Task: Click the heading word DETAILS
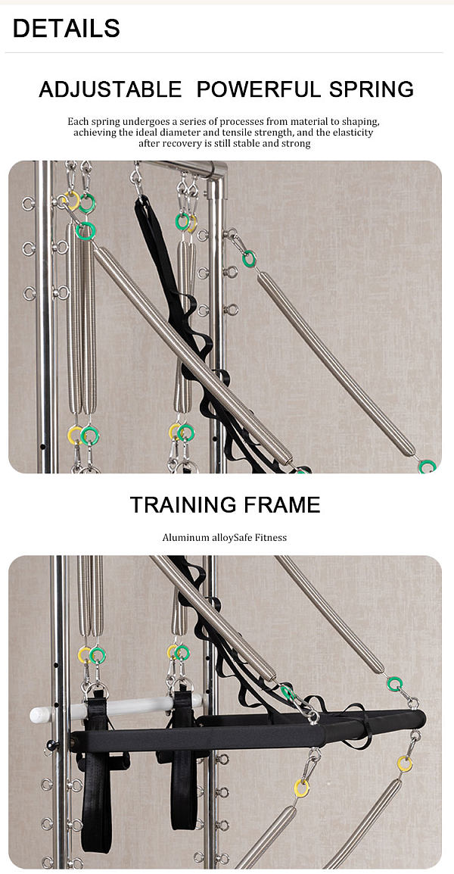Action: coord(67,29)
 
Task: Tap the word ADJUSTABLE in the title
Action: coord(110,89)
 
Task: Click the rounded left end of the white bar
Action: coord(33,715)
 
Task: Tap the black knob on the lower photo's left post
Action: coord(52,744)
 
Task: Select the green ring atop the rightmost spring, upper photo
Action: coord(250,258)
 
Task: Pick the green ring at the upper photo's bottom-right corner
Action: coord(428,467)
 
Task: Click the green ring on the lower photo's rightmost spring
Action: coord(395,683)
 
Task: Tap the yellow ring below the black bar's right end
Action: coord(405,763)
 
